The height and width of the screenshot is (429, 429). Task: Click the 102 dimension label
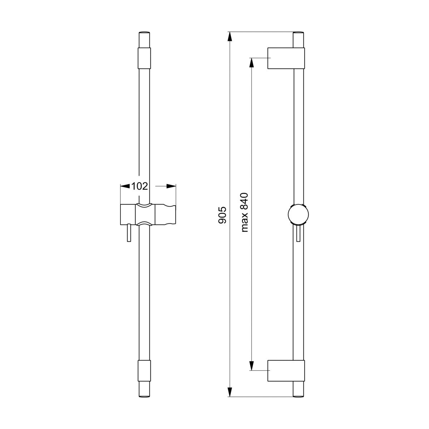tap(139, 186)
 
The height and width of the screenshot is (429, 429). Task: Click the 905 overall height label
tap(222, 215)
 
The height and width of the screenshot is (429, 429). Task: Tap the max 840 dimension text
tap(245, 213)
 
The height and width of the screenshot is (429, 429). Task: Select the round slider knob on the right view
tap(298, 214)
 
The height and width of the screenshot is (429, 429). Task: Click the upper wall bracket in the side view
tap(286, 58)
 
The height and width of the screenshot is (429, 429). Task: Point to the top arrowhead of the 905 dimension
tap(230, 37)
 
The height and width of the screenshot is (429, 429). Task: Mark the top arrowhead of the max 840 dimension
tap(252, 63)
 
